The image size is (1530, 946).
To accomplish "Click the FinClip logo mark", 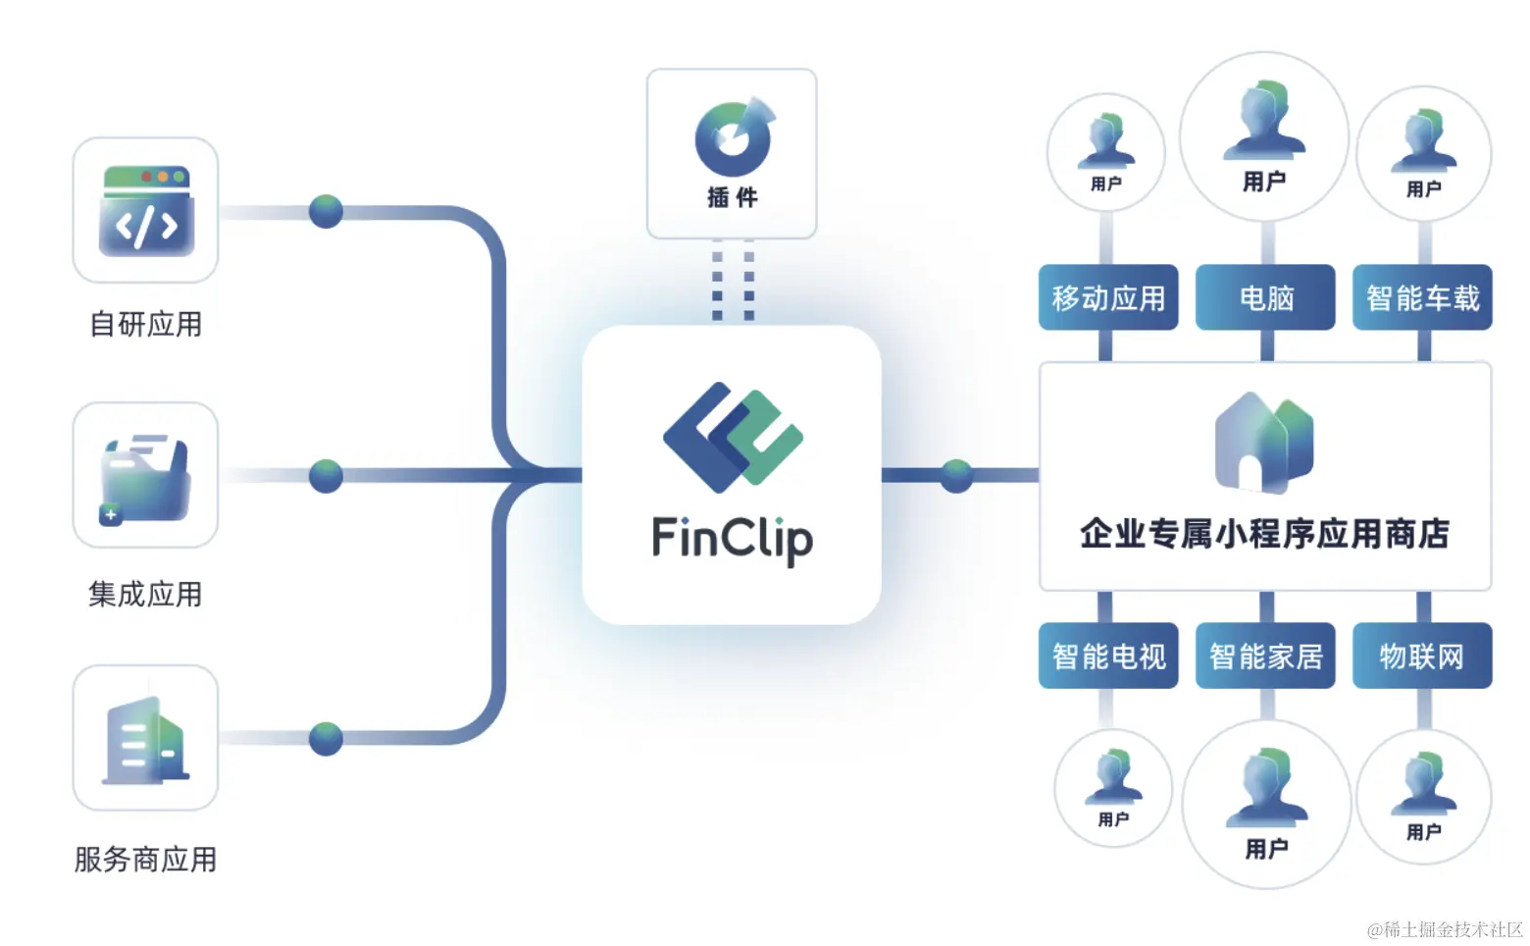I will (x=733, y=436).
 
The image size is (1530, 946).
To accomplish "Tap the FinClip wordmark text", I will (x=733, y=539).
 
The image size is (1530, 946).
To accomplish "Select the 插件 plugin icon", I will (x=734, y=136).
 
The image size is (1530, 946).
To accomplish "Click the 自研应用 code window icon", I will (x=146, y=211).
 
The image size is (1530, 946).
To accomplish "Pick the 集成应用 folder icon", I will (x=145, y=478).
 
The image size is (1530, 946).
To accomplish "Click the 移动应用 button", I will (x=1108, y=297).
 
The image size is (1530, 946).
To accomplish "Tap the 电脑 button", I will (x=1265, y=297).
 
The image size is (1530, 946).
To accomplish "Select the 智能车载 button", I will (x=1422, y=297).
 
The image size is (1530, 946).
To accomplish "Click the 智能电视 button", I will (x=1108, y=656).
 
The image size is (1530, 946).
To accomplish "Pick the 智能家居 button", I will (x=1265, y=656).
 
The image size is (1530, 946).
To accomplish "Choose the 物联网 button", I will (x=1422, y=656).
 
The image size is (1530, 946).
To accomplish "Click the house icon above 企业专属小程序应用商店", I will (x=1263, y=442).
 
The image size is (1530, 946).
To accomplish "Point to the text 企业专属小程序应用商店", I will (x=1264, y=534).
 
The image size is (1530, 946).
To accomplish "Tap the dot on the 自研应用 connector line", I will (x=326, y=211).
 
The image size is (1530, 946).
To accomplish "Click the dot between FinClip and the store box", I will (x=956, y=476).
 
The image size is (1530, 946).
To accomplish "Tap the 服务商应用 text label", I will (x=145, y=860).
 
